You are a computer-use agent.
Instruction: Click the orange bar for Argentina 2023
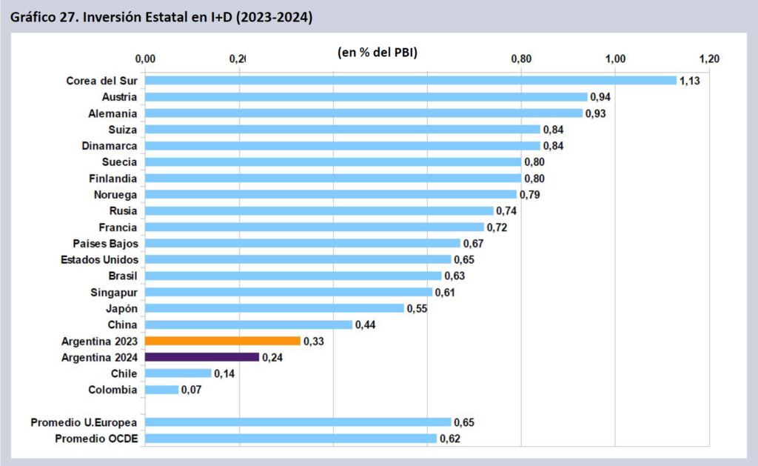coord(223,341)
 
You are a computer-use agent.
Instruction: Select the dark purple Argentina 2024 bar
coord(202,357)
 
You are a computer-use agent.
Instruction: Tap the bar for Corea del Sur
coord(411,80)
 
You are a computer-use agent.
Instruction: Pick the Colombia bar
coord(162,390)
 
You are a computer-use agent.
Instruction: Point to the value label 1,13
coord(690,81)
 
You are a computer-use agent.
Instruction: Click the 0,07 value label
coord(192,390)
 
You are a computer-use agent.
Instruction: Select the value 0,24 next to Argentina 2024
coord(272,358)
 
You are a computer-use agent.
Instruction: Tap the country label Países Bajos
coord(105,244)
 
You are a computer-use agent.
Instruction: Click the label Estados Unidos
coord(100,260)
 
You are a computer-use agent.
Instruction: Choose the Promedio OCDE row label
coord(96,439)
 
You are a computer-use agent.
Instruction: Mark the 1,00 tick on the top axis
coord(615,59)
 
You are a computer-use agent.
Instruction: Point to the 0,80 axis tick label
coord(521,59)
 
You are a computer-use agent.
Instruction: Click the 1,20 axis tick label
coord(709,59)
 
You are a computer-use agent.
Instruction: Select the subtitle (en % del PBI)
coord(378,53)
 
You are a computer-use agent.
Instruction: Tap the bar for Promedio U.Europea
coord(298,422)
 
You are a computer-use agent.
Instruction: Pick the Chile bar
coord(178,373)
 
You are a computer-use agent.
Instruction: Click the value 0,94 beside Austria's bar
coord(600,97)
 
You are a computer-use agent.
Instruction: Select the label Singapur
coord(114,293)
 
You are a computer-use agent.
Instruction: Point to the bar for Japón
coord(275,308)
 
